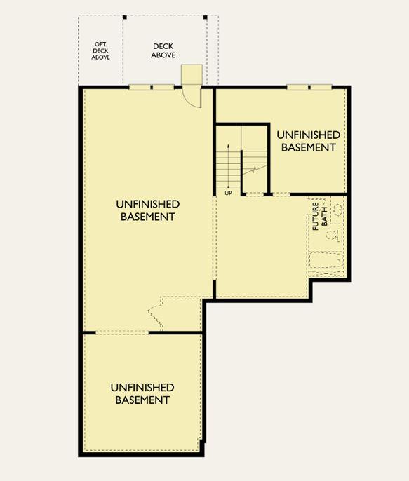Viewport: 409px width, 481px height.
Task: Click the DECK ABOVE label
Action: click(163, 50)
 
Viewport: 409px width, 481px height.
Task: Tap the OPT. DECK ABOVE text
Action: click(100, 50)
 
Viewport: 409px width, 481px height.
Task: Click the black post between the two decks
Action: click(125, 18)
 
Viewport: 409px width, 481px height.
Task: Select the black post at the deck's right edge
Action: click(206, 18)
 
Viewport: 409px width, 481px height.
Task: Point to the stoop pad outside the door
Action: click(192, 74)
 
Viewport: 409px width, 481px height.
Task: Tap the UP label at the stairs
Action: click(228, 194)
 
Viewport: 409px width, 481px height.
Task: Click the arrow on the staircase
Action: click(228, 165)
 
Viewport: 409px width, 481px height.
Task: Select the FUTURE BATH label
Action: click(320, 216)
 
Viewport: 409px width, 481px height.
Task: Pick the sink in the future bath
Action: click(338, 210)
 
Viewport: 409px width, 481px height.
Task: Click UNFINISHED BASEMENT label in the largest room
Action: click(148, 210)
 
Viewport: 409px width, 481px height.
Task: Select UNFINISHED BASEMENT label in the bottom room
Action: click(142, 393)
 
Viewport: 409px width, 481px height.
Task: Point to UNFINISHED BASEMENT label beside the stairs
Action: click(309, 141)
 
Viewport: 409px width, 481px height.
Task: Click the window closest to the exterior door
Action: click(163, 88)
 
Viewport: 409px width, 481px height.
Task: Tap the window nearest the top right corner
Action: click(321, 88)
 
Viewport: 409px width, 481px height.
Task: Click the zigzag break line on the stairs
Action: click(255, 170)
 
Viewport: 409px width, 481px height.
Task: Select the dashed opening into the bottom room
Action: click(122, 333)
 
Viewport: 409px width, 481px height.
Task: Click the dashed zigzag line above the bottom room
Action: click(156, 313)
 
